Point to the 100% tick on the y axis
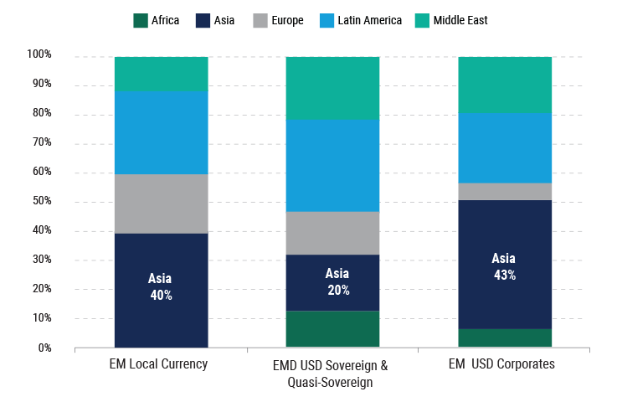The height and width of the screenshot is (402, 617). point(39,55)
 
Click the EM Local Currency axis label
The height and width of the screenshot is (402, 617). point(158,364)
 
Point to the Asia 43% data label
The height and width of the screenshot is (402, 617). point(504,266)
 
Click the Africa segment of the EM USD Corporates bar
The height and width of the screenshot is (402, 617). point(505,338)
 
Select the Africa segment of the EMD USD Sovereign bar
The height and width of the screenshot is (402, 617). point(332,329)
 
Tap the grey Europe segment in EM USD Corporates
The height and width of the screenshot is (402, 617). point(505,192)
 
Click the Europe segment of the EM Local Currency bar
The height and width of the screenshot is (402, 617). point(161,204)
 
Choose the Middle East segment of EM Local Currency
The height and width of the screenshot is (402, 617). point(161,74)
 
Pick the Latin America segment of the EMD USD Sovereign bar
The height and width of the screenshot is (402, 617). point(332,166)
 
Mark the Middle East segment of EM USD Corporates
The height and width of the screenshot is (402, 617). point(505,85)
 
